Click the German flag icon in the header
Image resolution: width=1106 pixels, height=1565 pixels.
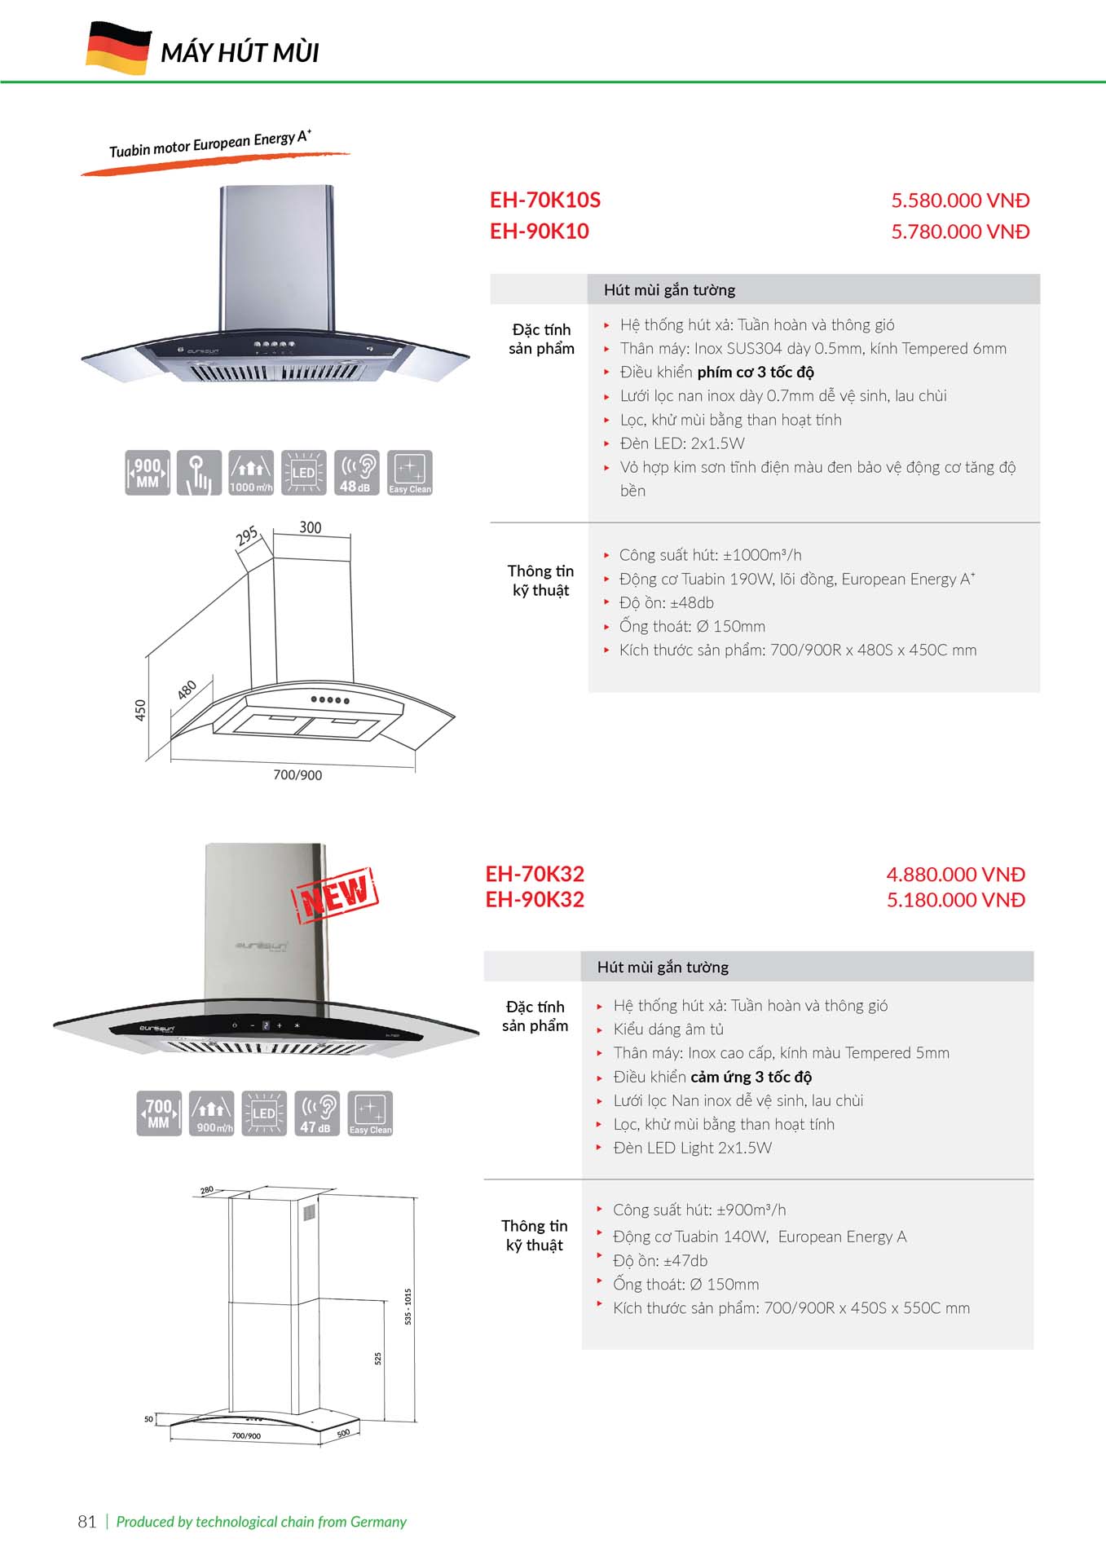[118, 49]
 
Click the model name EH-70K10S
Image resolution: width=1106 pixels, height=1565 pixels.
[544, 201]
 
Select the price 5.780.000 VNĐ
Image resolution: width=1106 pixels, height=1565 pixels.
[959, 231]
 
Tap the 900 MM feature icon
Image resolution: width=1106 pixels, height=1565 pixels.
[148, 473]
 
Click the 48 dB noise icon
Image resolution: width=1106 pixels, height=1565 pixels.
[356, 473]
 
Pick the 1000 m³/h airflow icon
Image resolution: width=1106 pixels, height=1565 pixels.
[251, 473]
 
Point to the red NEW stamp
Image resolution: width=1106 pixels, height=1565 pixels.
[335, 895]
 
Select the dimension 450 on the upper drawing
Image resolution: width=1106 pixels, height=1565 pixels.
[140, 710]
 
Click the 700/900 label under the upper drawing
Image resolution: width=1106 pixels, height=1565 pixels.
[297, 775]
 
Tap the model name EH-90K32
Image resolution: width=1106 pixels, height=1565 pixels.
[535, 900]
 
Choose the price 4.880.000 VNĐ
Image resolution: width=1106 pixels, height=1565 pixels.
[955, 875]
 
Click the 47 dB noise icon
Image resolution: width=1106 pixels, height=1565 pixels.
[316, 1113]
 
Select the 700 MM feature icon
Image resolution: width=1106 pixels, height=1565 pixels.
[159, 1113]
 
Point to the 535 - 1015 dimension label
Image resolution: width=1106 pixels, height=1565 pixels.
[408, 1306]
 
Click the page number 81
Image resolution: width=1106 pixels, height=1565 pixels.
[87, 1522]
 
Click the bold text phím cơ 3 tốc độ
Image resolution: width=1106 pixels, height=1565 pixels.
[755, 373]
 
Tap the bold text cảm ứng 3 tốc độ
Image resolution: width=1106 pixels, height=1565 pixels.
[751, 1077]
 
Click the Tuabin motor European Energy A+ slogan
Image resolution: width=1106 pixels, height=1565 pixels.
[210, 144]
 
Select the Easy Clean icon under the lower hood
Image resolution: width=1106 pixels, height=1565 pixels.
[370, 1113]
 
